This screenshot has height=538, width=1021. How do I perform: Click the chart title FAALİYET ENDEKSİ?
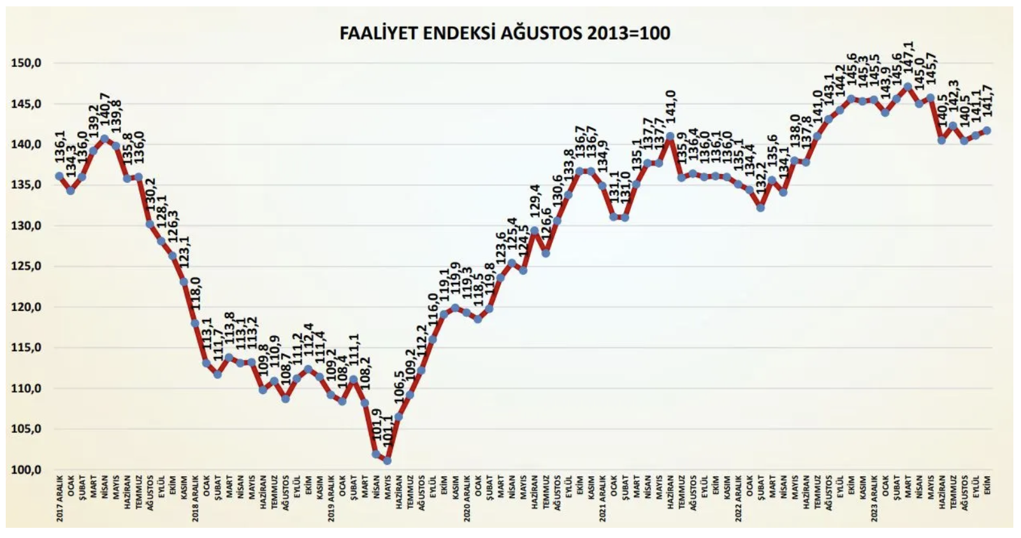505,33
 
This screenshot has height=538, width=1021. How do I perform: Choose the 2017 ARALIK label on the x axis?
59,498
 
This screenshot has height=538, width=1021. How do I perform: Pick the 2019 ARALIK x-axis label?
331,498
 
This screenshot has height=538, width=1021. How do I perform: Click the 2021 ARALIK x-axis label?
602,498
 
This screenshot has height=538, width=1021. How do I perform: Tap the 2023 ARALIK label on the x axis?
874,498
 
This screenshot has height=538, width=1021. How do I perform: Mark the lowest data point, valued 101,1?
387,460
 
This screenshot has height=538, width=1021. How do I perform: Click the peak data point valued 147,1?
908,86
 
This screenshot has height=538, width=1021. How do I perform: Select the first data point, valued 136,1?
59,176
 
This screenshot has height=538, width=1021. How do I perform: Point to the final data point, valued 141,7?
987,130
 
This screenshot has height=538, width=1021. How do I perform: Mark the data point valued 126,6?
546,253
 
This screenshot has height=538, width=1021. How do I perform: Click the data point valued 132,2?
760,208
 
